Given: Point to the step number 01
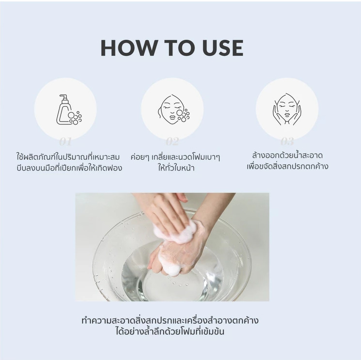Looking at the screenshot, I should tap(65, 142).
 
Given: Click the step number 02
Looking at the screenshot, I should tap(172, 142).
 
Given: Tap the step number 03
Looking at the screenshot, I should tap(287, 142).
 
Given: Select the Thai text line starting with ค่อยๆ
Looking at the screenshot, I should tap(173, 157).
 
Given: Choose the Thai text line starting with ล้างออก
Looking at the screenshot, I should tap(287, 156).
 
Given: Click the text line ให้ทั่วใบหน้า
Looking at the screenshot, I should tap(173, 169).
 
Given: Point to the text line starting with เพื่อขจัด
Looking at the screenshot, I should tap(287, 167).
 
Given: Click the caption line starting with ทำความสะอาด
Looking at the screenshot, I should tap(170, 320).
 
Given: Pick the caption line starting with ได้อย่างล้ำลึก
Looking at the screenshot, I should tap(170, 332).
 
